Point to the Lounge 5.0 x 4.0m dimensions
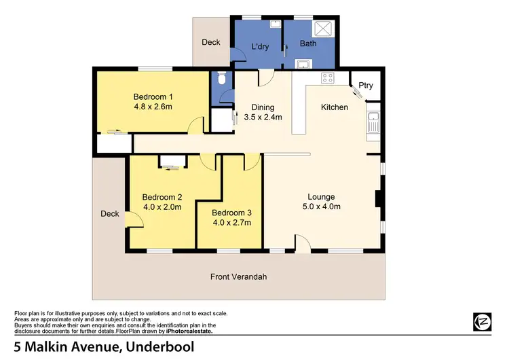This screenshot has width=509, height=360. click(x=321, y=206)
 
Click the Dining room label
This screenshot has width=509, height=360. click(x=263, y=107)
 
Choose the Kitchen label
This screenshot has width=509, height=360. click(x=335, y=107)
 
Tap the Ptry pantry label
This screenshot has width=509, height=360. click(x=366, y=85)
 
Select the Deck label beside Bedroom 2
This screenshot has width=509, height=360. click(x=110, y=214)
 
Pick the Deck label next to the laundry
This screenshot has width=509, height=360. click(x=211, y=42)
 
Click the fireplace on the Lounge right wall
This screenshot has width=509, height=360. click(x=379, y=198)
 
